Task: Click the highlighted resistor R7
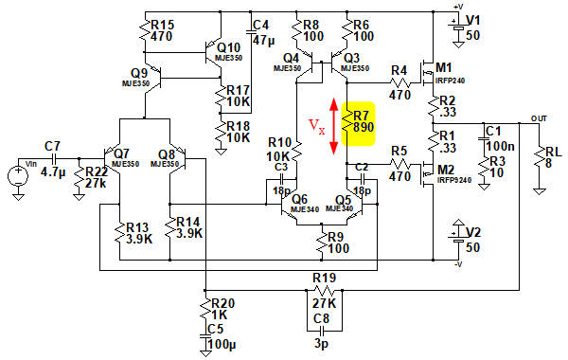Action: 347,122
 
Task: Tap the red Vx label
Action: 316,127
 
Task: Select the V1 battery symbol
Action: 458,27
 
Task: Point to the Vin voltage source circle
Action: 18,176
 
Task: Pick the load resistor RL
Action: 539,158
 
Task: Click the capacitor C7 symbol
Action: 54,158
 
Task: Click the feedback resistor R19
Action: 324,291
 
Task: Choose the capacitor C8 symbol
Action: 322,331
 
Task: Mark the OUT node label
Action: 539,118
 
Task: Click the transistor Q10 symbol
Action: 212,53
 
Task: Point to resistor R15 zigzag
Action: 145,31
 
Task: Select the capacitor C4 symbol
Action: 251,32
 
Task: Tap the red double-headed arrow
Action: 333,127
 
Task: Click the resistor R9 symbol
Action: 322,242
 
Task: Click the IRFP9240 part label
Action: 454,180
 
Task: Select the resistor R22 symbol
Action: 79,178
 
